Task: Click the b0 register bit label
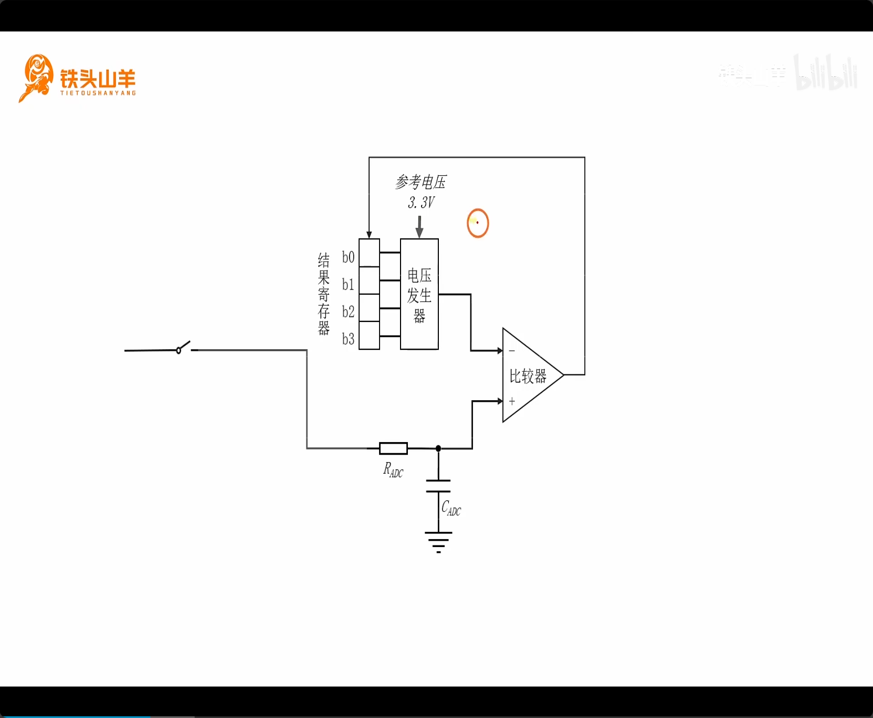pyautogui.click(x=348, y=257)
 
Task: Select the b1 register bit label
pyautogui.click(x=348, y=284)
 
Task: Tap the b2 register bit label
pyautogui.click(x=348, y=312)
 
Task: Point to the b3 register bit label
pyautogui.click(x=348, y=339)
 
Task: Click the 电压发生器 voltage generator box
pyautogui.click(x=419, y=294)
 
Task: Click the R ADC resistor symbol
pyautogui.click(x=393, y=448)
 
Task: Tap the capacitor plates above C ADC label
pyautogui.click(x=438, y=486)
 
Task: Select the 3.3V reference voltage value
pyautogui.click(x=421, y=202)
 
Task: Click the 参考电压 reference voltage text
pyautogui.click(x=420, y=182)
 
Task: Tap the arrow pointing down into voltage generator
pyautogui.click(x=419, y=227)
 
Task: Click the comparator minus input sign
pyautogui.click(x=512, y=351)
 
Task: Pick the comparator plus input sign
pyautogui.click(x=512, y=401)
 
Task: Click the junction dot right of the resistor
pyautogui.click(x=438, y=448)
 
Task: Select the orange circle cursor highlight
pyautogui.click(x=478, y=223)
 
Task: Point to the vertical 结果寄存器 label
pyautogui.click(x=324, y=294)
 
